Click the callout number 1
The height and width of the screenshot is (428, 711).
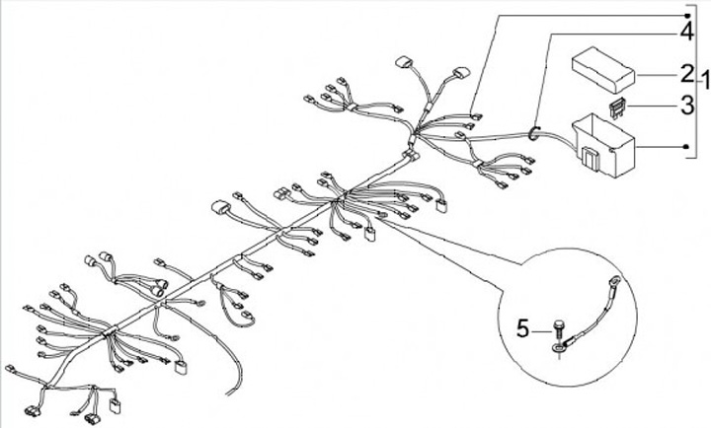click(x=705, y=82)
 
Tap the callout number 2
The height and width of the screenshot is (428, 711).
click(x=687, y=74)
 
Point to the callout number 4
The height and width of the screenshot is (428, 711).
click(x=687, y=32)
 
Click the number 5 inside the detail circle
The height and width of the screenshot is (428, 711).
click(x=522, y=328)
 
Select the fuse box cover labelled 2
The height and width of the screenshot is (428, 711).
click(x=602, y=70)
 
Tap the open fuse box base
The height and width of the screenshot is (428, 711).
click(x=603, y=145)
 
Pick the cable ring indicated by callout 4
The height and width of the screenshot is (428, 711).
click(x=533, y=133)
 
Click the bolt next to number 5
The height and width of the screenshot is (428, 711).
click(x=558, y=329)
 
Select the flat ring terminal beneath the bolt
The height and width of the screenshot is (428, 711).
click(x=557, y=348)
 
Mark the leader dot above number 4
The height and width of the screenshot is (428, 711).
click(x=687, y=16)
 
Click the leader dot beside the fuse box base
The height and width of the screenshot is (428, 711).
click(x=687, y=147)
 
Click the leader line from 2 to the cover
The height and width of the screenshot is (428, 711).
click(x=657, y=75)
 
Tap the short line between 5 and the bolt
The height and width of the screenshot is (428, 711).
click(x=542, y=332)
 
